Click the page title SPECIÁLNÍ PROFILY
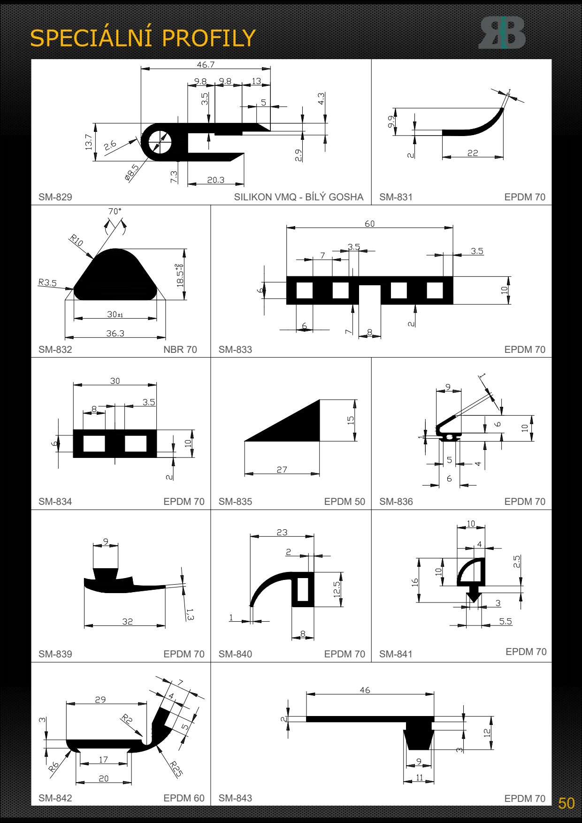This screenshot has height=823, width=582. (143, 38)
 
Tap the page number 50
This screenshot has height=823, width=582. (566, 803)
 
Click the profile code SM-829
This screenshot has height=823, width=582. (55, 197)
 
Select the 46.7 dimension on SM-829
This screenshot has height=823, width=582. (206, 65)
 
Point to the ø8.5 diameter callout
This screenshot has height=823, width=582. (132, 173)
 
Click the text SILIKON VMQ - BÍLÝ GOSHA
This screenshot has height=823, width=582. (299, 197)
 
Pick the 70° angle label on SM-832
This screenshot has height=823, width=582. (115, 212)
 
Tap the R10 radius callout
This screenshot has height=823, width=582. (77, 241)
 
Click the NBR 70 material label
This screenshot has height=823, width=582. (180, 350)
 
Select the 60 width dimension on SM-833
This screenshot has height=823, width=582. (370, 224)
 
